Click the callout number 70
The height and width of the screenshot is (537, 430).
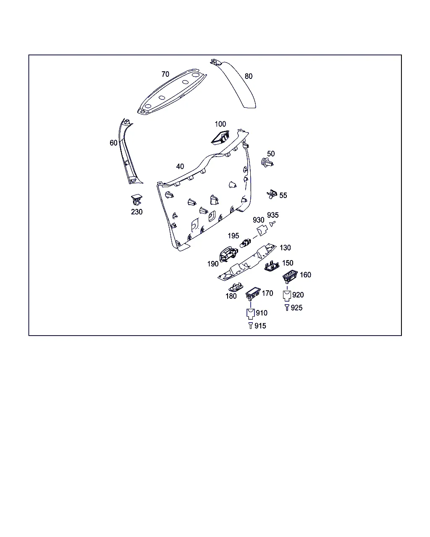[165, 74]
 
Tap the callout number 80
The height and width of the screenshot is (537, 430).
[248, 76]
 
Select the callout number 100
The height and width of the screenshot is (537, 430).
[220, 124]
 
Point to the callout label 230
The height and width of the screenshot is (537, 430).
[136, 212]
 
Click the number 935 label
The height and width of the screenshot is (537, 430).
[273, 215]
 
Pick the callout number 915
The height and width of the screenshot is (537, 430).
[260, 326]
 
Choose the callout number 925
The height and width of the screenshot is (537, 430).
[296, 308]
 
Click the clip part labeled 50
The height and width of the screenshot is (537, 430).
[267, 163]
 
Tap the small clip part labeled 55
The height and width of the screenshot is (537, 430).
[272, 194]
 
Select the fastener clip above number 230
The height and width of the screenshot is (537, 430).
[136, 200]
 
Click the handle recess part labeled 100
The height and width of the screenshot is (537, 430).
[220, 138]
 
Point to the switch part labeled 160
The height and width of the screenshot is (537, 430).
[290, 276]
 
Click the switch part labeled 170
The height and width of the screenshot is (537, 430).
[253, 293]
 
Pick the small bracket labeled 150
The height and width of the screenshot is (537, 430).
[272, 266]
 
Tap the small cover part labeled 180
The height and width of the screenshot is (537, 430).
[236, 287]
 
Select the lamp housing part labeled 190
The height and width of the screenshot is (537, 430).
[228, 254]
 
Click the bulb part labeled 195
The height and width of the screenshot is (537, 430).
[245, 243]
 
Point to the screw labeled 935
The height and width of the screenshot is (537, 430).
[272, 224]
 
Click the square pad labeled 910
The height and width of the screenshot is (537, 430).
[250, 314]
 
